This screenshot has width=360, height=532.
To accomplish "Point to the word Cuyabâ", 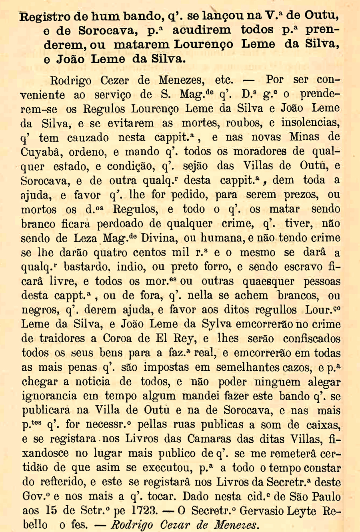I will click(42, 152).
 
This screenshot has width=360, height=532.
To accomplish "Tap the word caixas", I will click(320, 425).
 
